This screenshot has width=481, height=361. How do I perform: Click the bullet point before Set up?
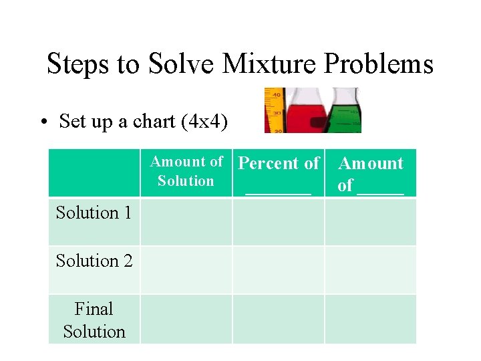point(42,122)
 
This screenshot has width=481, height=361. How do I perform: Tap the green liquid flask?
point(345,111)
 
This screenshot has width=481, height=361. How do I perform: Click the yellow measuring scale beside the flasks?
point(274,110)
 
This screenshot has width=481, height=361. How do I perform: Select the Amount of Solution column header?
point(186,171)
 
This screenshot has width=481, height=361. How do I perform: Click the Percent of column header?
point(279,172)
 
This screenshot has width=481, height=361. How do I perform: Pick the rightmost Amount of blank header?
point(371,173)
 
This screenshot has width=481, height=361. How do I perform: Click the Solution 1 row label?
point(94,213)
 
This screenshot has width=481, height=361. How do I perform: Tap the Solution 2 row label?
point(94,261)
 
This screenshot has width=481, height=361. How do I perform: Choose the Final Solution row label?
point(94,320)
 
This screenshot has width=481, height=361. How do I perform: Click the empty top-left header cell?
point(94,172)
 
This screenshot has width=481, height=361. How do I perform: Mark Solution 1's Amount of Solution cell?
point(186,222)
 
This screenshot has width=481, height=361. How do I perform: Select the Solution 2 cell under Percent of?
point(279,270)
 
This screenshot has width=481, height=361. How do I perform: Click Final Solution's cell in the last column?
point(371,319)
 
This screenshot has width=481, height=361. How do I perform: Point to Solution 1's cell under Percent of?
point(279,222)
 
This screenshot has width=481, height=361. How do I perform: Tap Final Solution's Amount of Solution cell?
point(186,319)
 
